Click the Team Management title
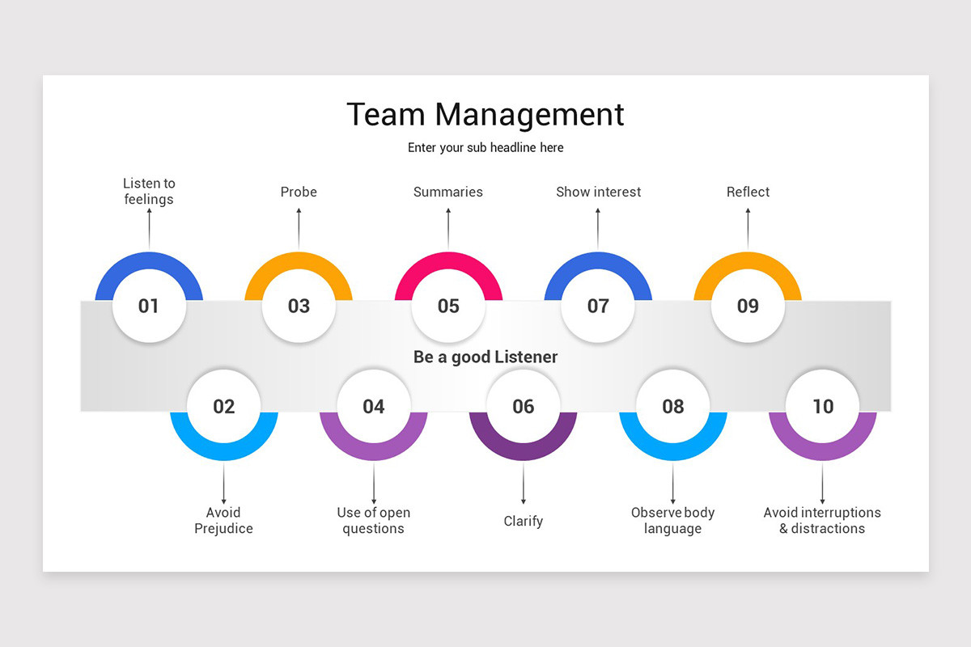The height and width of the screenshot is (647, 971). click(x=485, y=114)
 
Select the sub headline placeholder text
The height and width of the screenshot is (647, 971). click(x=485, y=148)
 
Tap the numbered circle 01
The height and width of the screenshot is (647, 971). click(x=149, y=306)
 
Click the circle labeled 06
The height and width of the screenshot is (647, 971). click(x=524, y=406)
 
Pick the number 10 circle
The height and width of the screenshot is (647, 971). click(x=823, y=406)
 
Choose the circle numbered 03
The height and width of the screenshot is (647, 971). click(x=299, y=306)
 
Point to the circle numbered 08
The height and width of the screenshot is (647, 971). click(x=673, y=406)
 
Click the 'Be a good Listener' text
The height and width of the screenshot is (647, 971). click(x=485, y=357)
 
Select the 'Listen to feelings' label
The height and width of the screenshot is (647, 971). click(x=149, y=192)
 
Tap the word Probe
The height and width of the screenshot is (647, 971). click(x=299, y=192)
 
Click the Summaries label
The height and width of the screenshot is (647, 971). click(x=448, y=192)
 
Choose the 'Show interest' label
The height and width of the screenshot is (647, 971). click(x=598, y=192)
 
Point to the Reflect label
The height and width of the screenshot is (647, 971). click(x=748, y=192)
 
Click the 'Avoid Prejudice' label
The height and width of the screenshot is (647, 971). click(x=223, y=520)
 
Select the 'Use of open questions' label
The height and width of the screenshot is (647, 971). click(x=373, y=520)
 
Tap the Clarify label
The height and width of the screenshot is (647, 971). click(x=524, y=521)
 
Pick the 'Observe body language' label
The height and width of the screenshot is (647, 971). click(x=673, y=520)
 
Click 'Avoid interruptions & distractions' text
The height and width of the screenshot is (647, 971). click(x=822, y=520)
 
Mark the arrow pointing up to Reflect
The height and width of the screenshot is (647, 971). click(x=748, y=229)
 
